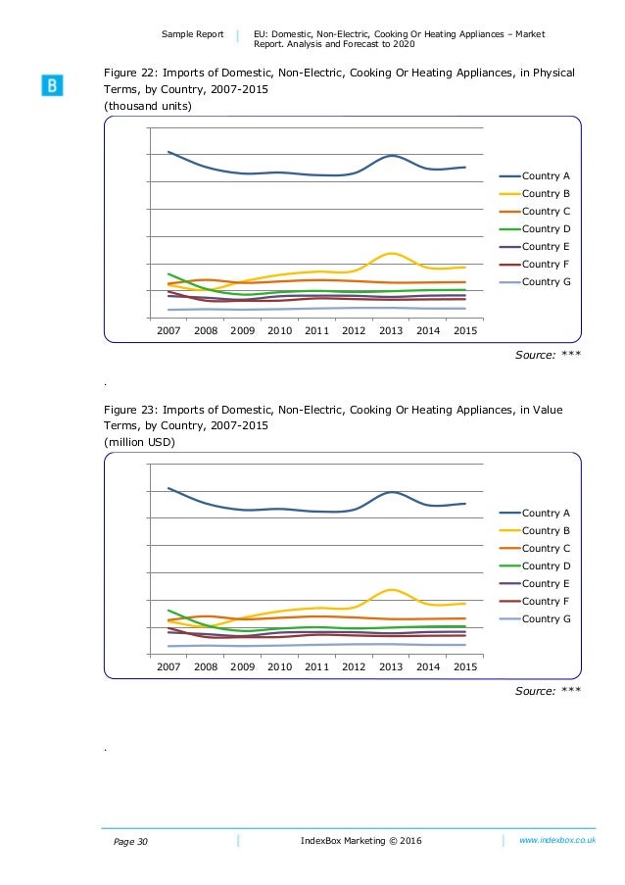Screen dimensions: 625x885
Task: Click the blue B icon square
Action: pos(52,85)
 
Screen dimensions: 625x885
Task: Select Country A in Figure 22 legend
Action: pos(546,176)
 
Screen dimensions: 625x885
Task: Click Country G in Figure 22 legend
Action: pos(546,281)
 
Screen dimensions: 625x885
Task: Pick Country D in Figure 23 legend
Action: pos(546,566)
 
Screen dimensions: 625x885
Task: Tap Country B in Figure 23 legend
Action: pos(546,530)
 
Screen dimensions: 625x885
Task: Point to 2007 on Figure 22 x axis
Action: pos(168,330)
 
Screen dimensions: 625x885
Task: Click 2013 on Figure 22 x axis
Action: pos(391,330)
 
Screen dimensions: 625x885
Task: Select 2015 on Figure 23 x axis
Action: pos(465,666)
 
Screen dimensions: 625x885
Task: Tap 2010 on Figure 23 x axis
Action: pos(280,666)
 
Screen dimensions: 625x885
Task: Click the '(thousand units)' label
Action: pos(148,106)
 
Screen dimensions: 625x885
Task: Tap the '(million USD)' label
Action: pos(139,442)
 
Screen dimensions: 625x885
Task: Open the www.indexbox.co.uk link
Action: pos(557,840)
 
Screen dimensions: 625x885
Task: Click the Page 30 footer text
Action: pos(130,842)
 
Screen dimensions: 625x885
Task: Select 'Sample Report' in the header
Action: pos(192,34)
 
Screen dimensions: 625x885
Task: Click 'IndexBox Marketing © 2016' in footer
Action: pos(361,841)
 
